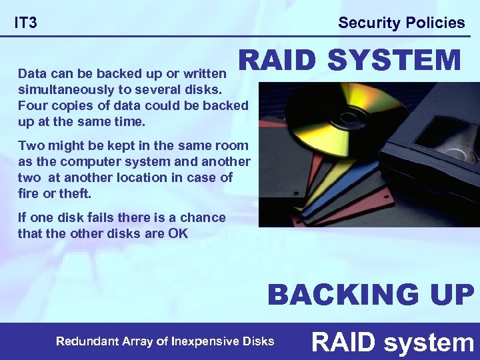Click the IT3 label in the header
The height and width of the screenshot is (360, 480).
(x=26, y=23)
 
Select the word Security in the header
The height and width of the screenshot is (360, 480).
(x=367, y=23)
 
